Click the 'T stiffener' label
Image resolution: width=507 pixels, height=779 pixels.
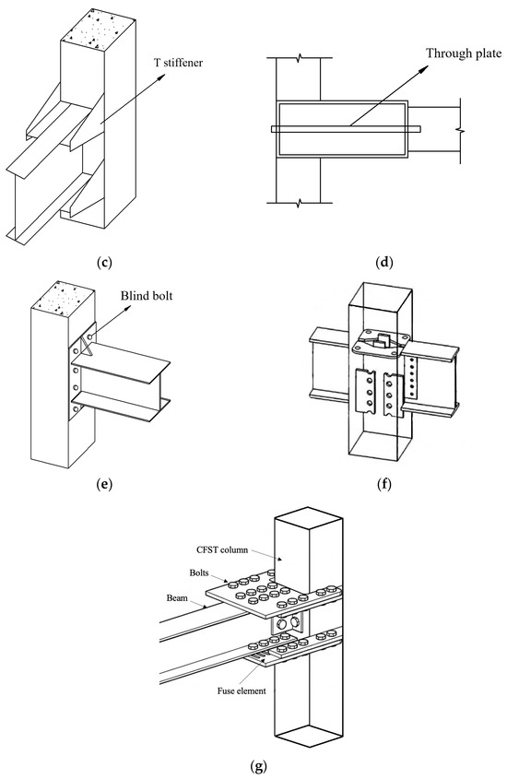tap(179, 63)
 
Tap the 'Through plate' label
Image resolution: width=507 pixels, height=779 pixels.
tap(464, 53)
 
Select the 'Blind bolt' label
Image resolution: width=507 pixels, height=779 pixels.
tap(147, 295)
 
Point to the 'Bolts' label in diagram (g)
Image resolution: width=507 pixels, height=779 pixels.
tap(198, 572)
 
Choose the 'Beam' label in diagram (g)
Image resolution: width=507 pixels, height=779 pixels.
tap(177, 597)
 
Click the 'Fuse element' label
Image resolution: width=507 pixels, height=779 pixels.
tap(242, 690)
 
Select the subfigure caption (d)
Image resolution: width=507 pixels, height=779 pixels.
tap(384, 263)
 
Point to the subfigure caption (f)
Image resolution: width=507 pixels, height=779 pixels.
tap(384, 483)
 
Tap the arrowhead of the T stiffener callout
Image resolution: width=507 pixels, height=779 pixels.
tap(162, 76)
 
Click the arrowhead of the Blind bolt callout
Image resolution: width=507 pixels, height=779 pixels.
tap(129, 308)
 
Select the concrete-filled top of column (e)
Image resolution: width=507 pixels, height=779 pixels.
tap(63, 299)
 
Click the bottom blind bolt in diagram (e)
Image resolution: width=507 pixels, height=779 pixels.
tap(76, 409)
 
